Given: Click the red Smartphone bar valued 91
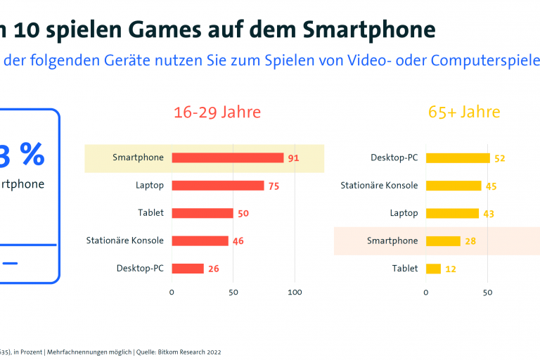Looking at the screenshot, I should [x=227, y=157].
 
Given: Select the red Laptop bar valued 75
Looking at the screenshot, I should [x=217, y=186].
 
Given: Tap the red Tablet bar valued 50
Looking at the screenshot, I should [x=202, y=213].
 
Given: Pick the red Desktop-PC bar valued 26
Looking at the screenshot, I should [x=187, y=269].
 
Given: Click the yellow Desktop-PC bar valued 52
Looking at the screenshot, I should [x=458, y=157].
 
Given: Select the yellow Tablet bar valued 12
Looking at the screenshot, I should [x=433, y=269].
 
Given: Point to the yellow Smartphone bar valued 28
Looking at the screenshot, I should [x=443, y=241].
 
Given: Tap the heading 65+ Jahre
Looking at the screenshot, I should [x=464, y=112].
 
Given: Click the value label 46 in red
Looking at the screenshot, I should [x=238, y=241].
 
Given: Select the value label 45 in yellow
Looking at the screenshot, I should [x=491, y=186].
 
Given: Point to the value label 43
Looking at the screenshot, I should [x=489, y=213].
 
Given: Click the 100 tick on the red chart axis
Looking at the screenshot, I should [x=295, y=292].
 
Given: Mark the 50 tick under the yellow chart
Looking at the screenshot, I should [x=488, y=292].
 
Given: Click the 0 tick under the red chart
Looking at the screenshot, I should [x=172, y=292].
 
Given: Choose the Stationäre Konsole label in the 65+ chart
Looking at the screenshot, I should [x=379, y=186].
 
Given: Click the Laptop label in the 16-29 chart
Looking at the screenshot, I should [x=150, y=186].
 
